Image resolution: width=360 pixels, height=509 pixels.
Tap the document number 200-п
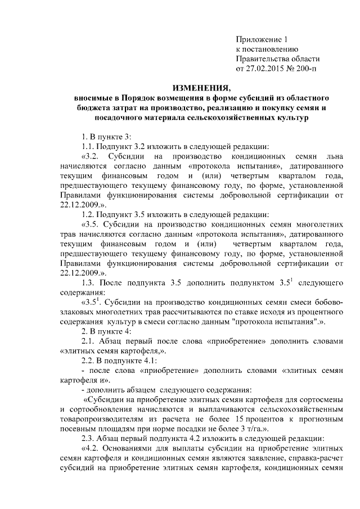pyautogui.click(x=306, y=69)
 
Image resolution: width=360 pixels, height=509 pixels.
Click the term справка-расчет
pyautogui.click(x=318, y=461)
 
